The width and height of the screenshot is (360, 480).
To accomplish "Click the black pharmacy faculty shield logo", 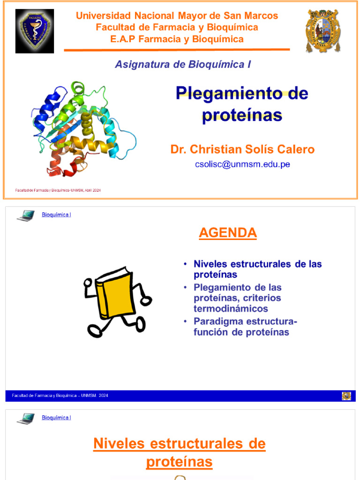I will click(34, 31).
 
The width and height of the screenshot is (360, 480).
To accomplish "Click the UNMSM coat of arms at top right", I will click(323, 31).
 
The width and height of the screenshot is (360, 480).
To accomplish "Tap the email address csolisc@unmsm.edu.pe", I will click(242, 165).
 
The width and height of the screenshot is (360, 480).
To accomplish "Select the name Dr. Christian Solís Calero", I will click(242, 150).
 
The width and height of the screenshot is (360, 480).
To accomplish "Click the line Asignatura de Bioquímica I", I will click(183, 65).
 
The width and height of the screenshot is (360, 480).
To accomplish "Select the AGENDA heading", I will click(228, 232).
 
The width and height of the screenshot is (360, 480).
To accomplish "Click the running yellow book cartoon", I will click(117, 300).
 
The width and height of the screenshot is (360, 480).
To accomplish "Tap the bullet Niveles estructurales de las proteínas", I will click(257, 269).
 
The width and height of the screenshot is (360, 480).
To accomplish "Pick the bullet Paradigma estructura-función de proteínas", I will click(245, 327).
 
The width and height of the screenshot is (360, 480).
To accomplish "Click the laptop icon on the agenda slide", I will click(26, 216).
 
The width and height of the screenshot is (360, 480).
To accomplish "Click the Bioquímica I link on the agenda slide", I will click(56, 215).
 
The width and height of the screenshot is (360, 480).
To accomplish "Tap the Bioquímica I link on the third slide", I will click(56, 418).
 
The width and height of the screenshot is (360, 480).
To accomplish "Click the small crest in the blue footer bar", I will click(346, 396).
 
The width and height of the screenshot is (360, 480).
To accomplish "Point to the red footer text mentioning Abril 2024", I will click(59, 190).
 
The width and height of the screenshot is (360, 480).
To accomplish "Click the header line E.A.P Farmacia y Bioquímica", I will click(177, 39).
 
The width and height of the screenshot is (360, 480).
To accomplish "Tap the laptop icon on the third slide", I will click(26, 418).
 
